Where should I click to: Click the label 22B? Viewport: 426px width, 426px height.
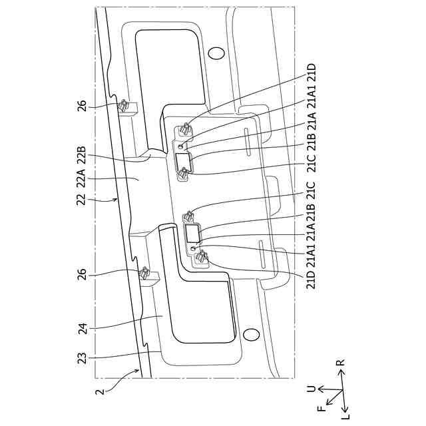click(x=82, y=154)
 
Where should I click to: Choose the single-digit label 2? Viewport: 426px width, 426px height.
click(x=101, y=392)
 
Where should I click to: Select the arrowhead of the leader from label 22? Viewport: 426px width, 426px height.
click(x=118, y=198)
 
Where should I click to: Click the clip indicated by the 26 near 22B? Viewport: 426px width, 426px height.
click(x=124, y=106)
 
